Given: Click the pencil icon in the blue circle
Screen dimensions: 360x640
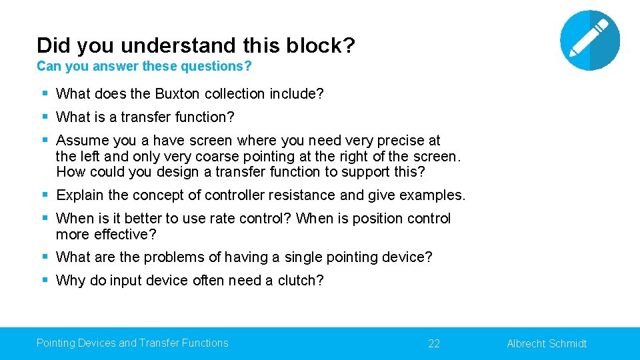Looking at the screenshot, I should [x=589, y=40].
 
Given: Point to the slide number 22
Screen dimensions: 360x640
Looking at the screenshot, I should [x=434, y=343].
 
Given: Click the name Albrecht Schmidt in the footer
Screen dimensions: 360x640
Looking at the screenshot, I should [x=547, y=343].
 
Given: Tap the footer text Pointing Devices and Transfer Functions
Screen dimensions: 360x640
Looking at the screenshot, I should [x=132, y=343].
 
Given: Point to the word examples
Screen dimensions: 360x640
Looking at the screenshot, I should [x=434, y=195].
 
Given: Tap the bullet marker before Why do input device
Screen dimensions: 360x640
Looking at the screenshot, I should [x=45, y=281].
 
